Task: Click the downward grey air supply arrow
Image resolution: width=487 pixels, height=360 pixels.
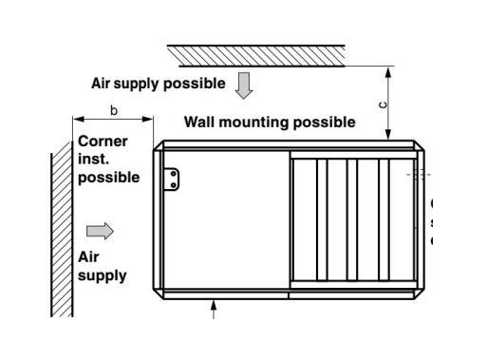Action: [244, 86]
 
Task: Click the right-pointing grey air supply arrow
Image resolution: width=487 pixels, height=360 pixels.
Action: [100, 231]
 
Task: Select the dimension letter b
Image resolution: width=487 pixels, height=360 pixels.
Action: [114, 111]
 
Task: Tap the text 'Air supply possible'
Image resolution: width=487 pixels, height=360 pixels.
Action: [159, 84]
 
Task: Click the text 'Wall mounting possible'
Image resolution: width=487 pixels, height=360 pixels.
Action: [270, 123]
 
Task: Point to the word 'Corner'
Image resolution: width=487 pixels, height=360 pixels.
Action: [103, 142]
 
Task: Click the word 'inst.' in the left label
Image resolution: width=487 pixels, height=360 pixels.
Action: [93, 160]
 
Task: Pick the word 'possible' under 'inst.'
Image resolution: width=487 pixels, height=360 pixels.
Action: [108, 177]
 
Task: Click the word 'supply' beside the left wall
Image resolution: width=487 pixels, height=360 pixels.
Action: [102, 276]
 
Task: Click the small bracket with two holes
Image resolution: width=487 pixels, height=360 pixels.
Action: [171, 180]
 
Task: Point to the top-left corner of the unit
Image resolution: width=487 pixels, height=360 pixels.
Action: [159, 144]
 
